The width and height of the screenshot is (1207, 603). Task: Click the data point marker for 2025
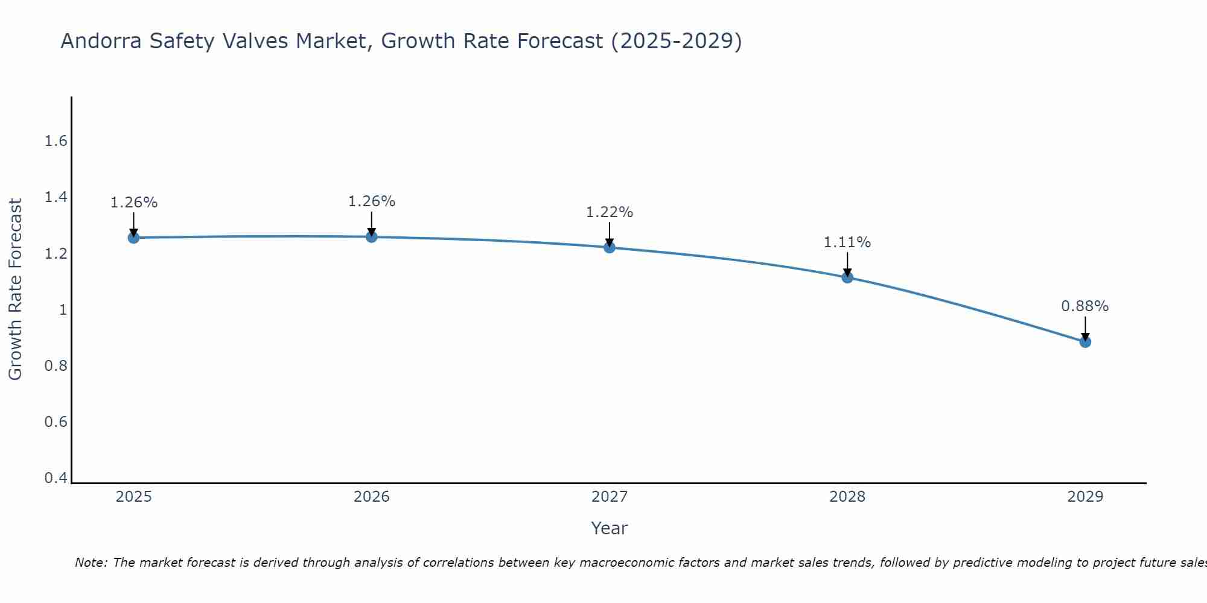[x=133, y=238]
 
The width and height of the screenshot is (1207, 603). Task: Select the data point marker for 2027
[x=610, y=247]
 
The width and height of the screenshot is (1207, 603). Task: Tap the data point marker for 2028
[x=847, y=277]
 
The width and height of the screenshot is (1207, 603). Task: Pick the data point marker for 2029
[x=1085, y=342]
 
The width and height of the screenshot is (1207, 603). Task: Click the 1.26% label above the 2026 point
[x=372, y=201]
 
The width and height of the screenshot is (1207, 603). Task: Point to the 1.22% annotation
[x=610, y=212]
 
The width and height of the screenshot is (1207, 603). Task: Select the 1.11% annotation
[x=847, y=242]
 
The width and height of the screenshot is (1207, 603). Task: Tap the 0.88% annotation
[x=1085, y=306]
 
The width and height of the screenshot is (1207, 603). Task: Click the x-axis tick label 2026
[x=372, y=497]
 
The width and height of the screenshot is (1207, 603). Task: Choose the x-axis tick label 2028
[x=847, y=497]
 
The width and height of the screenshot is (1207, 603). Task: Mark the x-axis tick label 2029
[x=1085, y=497]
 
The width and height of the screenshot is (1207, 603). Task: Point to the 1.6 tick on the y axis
[x=56, y=141]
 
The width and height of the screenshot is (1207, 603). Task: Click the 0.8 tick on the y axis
[x=56, y=366]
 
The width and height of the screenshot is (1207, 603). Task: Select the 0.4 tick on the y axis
[x=56, y=478]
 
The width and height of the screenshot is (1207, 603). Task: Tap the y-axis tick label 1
[x=62, y=310]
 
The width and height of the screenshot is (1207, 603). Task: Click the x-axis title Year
[x=610, y=528]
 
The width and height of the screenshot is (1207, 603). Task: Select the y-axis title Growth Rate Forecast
[x=15, y=289]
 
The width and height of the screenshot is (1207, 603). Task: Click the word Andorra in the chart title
[x=100, y=41]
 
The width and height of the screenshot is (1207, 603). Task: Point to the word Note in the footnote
[x=91, y=563]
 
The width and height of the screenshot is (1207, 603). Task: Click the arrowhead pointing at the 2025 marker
[x=133, y=233]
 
